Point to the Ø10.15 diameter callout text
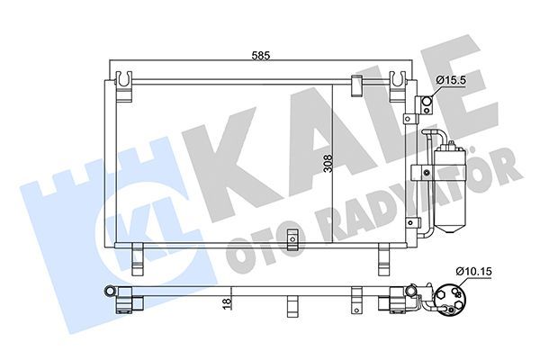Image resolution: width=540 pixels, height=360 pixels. (473, 267)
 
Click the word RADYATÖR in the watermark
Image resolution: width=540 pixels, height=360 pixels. (423, 193)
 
